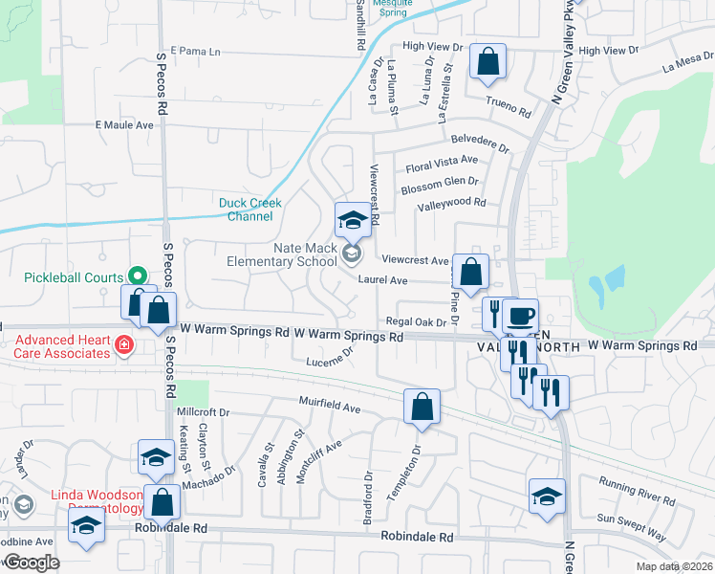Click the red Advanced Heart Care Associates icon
pyautogui.click(x=123, y=344)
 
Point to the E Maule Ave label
pyautogui.click(x=124, y=125)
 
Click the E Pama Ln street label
pyautogui.click(x=195, y=51)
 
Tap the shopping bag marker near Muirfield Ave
pyautogui.click(x=422, y=408)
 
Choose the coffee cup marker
pyautogui.click(x=520, y=317)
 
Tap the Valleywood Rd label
pyautogui.click(x=452, y=204)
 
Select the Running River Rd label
pyautogui.click(x=637, y=490)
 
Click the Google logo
pyautogui.click(x=32, y=563)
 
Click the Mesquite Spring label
pyautogui.click(x=395, y=9)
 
